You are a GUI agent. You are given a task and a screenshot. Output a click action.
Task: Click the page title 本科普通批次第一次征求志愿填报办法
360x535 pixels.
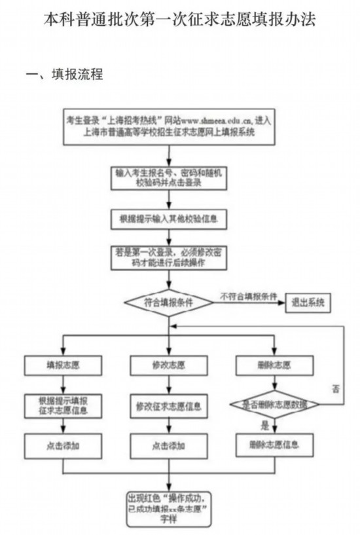click(x=180, y=20)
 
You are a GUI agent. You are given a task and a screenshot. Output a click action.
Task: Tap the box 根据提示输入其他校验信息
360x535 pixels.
click(x=169, y=219)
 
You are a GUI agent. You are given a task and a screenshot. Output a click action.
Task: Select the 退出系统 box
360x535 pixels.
click(x=308, y=303)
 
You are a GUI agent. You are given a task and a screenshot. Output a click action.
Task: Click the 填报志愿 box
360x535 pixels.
click(x=63, y=364)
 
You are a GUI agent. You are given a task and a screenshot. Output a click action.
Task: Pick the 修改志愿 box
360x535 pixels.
click(x=169, y=364)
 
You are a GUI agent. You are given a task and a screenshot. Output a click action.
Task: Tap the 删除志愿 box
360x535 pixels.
click(x=274, y=364)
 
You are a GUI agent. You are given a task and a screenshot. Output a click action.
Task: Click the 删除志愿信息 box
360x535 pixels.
click(x=274, y=445)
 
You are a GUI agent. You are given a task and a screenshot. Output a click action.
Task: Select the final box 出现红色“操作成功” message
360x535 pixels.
click(x=169, y=506)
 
